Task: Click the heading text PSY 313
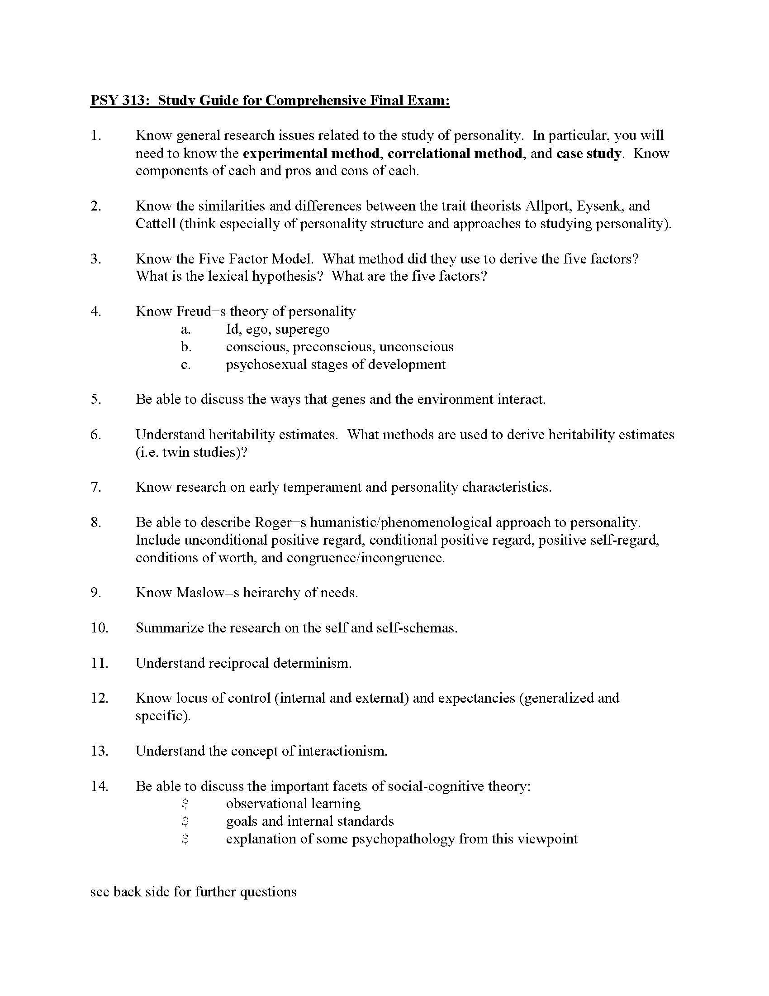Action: (119, 100)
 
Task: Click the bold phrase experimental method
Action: (311, 153)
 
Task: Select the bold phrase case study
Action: (588, 153)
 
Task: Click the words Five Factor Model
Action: (256, 259)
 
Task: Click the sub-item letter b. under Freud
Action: (186, 347)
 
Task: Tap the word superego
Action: (302, 329)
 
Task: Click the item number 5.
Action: (95, 399)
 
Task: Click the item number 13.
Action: (100, 751)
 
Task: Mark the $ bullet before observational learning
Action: (185, 804)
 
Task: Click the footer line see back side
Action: (193, 891)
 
